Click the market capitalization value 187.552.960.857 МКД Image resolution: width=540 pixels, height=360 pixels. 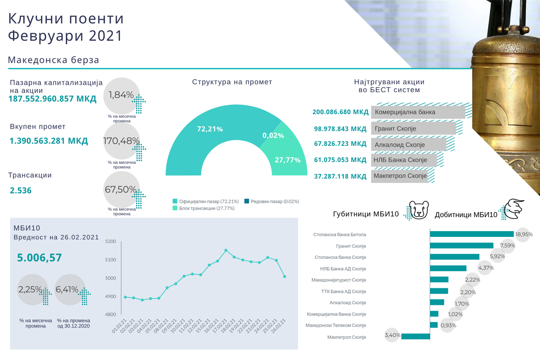[52, 99]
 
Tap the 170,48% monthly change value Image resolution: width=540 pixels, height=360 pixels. [121, 141]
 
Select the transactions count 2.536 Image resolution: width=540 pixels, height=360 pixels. [21, 191]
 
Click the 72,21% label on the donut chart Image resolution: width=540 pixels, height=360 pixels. [210, 129]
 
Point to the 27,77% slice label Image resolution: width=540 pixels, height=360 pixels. [287, 160]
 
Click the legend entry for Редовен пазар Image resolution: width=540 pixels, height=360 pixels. [272, 201]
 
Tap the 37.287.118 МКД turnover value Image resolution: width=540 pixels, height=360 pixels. [340, 176]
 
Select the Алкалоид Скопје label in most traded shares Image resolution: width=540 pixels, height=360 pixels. [400, 145]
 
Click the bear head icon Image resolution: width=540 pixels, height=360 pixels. [419, 210]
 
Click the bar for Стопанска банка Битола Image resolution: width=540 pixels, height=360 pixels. [472, 234]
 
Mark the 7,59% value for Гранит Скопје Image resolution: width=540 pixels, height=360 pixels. [507, 245]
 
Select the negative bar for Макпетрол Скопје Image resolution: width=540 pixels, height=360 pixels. [415, 336]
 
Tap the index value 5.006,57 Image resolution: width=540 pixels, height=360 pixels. [39, 258]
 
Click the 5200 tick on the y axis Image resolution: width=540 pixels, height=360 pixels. [111, 242]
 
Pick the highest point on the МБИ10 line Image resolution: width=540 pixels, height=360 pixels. [226, 250]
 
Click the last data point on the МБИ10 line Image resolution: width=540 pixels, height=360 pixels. [285, 277]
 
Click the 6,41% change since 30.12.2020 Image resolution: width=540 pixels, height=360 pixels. [67, 289]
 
